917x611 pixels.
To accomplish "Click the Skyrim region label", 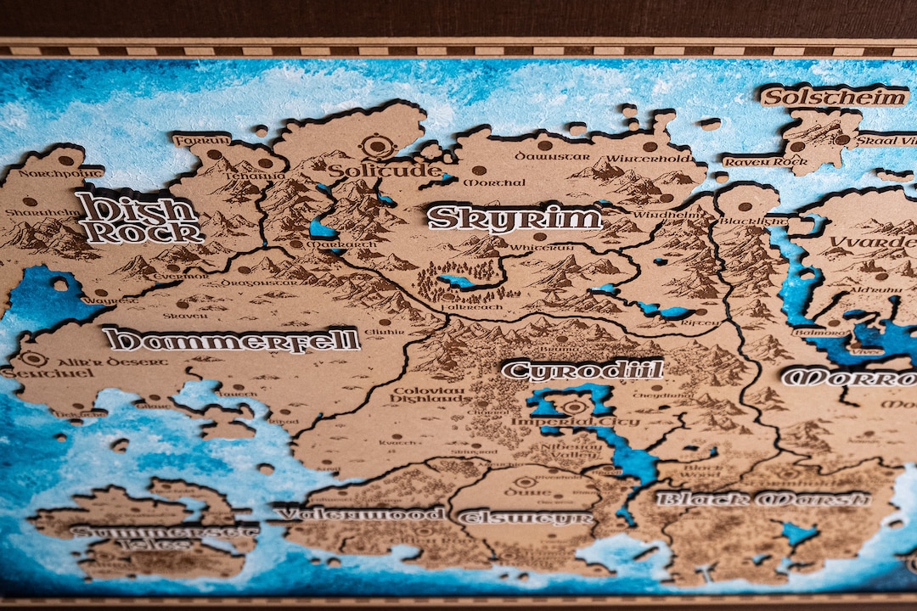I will [x=515, y=218].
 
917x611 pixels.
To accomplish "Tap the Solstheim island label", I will [x=833, y=97].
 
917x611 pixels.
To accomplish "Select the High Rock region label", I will [x=138, y=219].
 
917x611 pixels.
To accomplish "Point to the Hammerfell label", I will [x=232, y=339].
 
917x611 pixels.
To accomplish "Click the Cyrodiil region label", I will [x=582, y=370].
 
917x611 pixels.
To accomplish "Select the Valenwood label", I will [x=360, y=513].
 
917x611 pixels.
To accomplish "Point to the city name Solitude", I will [x=384, y=170].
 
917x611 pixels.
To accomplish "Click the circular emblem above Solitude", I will [x=374, y=145].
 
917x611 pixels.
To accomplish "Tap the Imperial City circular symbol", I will [x=575, y=407].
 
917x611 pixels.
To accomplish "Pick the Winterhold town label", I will [x=648, y=158].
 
